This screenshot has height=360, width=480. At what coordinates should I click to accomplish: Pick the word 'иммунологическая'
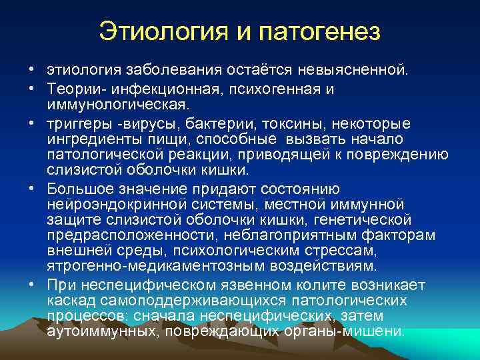[x=117, y=105]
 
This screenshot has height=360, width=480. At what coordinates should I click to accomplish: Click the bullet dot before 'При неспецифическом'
[x=31, y=283]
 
